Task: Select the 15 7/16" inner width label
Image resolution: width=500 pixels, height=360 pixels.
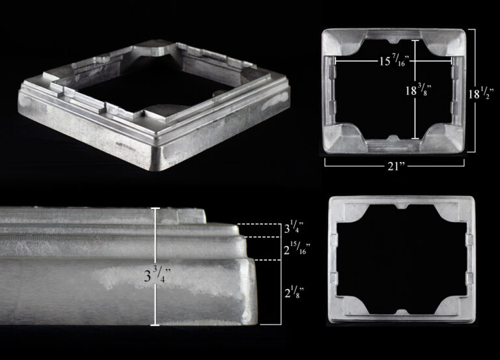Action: [394, 60]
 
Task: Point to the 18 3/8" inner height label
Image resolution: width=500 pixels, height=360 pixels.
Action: [419, 90]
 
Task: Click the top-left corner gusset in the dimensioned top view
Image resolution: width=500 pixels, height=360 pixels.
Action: [344, 43]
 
